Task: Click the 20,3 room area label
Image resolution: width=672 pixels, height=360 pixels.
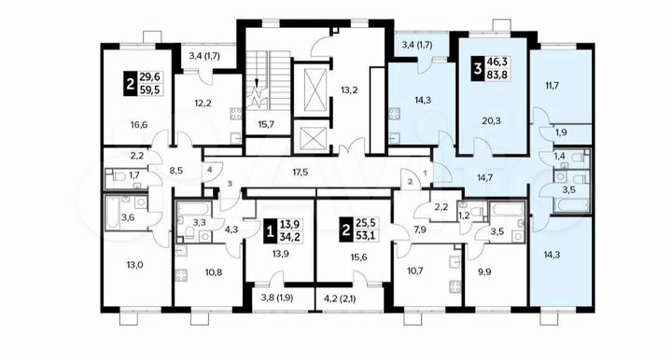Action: [491, 119]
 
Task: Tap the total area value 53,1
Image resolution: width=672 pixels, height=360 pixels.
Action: [362, 236]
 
